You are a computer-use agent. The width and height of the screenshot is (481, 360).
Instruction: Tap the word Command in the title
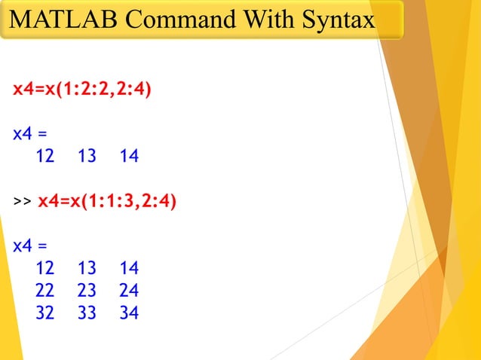[x=161, y=20]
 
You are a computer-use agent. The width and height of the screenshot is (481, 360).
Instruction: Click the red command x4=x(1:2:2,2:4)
[x=82, y=90]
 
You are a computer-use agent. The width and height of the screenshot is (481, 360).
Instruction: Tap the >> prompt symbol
[x=22, y=202]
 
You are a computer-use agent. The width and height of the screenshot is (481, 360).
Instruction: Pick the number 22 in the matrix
[x=45, y=291]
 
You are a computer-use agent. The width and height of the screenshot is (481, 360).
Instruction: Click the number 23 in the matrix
[x=87, y=291]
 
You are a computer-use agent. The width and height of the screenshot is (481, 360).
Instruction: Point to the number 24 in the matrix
[x=129, y=291]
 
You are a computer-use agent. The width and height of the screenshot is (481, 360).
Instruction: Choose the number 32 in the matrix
[x=45, y=313]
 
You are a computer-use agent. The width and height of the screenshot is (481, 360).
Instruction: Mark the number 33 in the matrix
[x=87, y=313]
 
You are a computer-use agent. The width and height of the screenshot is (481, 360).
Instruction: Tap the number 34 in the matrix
[x=129, y=313]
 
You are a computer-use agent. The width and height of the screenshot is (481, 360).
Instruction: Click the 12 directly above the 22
[x=45, y=268]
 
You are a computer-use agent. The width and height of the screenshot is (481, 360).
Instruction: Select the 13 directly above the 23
[x=87, y=268]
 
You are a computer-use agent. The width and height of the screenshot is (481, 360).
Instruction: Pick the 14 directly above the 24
[x=129, y=268]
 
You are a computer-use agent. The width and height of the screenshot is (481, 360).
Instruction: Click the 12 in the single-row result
[x=45, y=157]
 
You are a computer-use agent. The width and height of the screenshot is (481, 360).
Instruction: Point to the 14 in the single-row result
[x=129, y=157]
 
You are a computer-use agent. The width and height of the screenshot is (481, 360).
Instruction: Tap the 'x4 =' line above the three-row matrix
[x=30, y=246]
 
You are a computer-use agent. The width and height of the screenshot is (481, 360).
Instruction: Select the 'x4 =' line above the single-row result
[x=30, y=135]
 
